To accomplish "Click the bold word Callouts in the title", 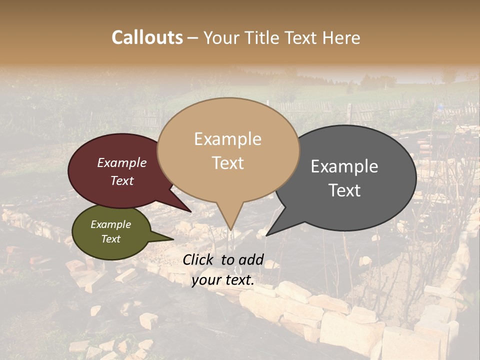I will [x=147, y=37].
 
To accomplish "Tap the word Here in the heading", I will [x=340, y=37].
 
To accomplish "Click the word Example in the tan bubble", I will [x=227, y=139].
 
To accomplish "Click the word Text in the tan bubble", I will [x=227, y=163].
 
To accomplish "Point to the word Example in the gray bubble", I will [x=344, y=166].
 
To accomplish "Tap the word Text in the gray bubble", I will [x=344, y=190].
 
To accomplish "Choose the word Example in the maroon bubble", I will [x=121, y=163].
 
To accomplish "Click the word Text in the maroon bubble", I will [x=121, y=180].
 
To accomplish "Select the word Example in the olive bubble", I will [x=110, y=224].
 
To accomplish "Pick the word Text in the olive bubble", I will [x=110, y=239].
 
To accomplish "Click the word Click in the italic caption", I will [x=199, y=259].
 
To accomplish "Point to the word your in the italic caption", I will [x=206, y=280].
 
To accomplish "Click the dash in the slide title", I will [x=193, y=38].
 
